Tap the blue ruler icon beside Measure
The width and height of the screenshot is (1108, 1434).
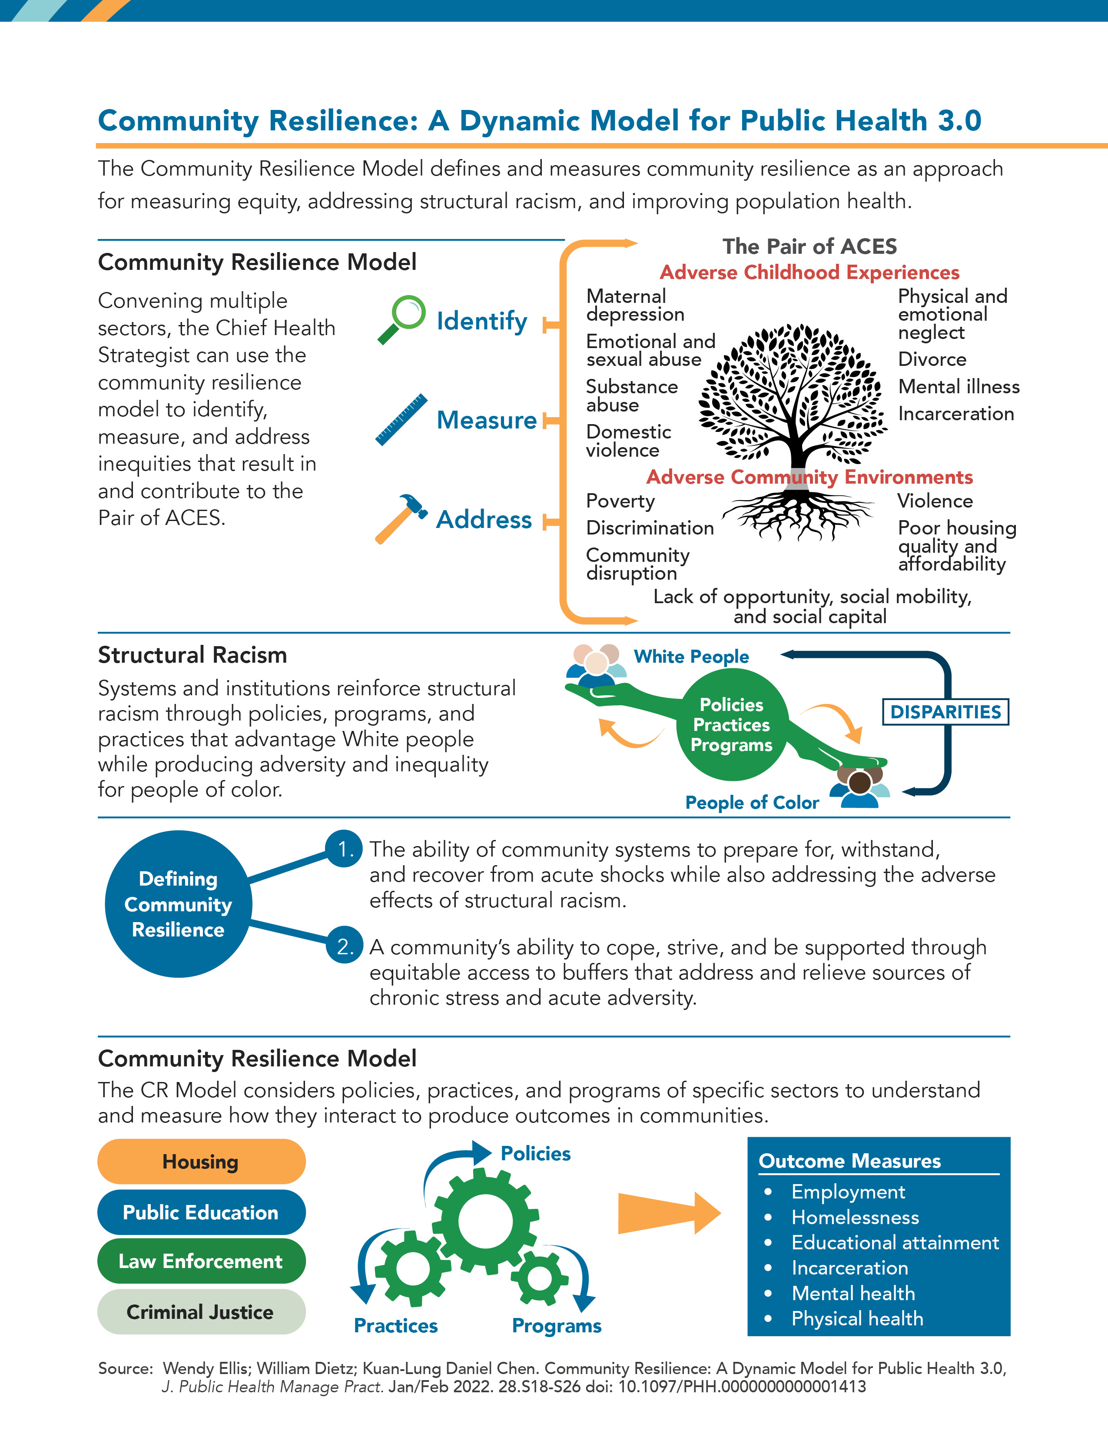click(402, 420)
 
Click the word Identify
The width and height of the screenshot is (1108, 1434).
click(482, 321)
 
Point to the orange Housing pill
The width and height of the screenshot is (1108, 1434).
click(201, 1162)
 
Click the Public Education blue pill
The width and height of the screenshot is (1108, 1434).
click(201, 1212)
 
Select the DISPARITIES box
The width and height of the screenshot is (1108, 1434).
click(945, 712)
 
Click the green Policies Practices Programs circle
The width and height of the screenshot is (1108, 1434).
click(731, 725)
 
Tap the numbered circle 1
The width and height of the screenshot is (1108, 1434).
click(345, 849)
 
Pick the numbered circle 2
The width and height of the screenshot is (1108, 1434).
click(345, 946)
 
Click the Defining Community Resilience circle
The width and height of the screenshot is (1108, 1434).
click(178, 904)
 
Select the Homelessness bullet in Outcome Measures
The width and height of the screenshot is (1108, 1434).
click(855, 1217)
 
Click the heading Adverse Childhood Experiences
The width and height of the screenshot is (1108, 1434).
click(809, 272)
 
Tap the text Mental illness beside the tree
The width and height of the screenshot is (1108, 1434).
click(959, 387)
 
